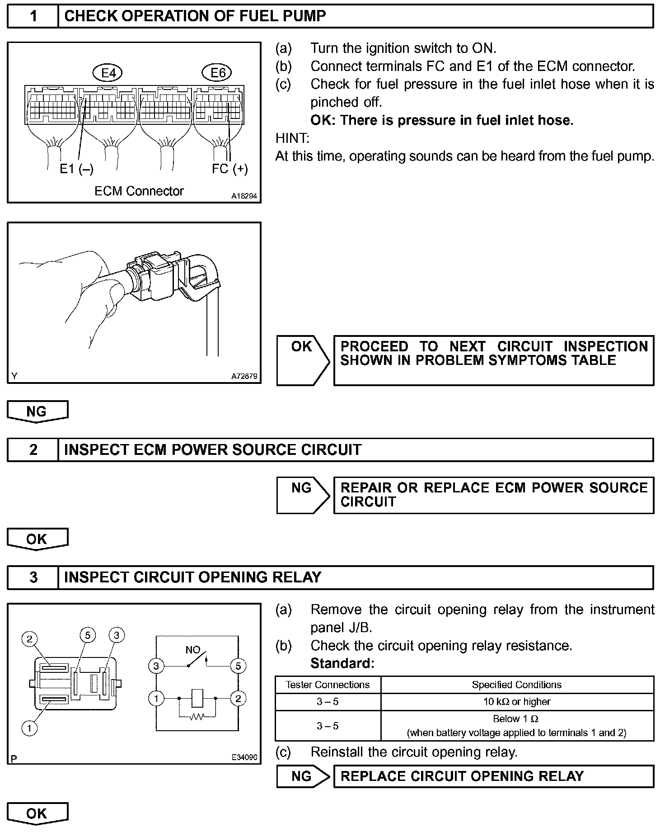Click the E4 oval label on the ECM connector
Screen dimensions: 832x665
(x=108, y=72)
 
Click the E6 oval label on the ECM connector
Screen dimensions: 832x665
(x=217, y=72)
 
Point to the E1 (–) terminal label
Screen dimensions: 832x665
(x=77, y=169)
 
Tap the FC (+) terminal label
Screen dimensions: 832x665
(x=230, y=169)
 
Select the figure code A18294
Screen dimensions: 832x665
(x=244, y=196)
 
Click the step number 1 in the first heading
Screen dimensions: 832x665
(x=33, y=16)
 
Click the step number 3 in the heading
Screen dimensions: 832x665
(x=33, y=577)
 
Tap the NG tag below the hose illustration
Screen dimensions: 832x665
(x=37, y=411)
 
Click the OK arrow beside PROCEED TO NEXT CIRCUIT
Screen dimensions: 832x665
(x=302, y=359)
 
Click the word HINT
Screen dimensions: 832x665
(x=292, y=138)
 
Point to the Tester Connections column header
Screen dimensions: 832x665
(x=328, y=685)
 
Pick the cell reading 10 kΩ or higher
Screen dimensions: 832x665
(x=517, y=702)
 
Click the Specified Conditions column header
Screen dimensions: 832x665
(x=517, y=685)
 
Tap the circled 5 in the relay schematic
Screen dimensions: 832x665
(x=238, y=666)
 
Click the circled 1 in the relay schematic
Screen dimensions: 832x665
(x=156, y=699)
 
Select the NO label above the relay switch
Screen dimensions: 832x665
(x=193, y=650)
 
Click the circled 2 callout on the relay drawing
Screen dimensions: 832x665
(x=30, y=638)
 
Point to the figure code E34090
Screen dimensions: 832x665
(x=244, y=757)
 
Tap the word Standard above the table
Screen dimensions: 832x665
(x=342, y=663)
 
